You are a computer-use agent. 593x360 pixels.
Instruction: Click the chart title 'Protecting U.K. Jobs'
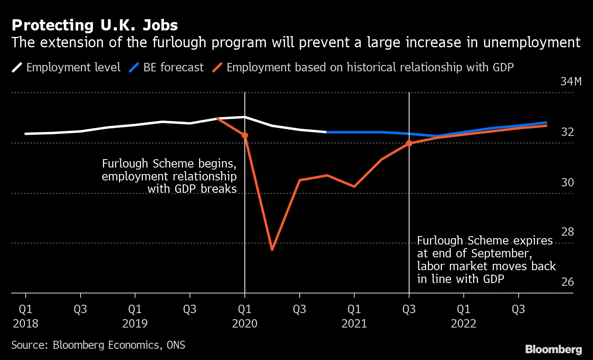point(95,25)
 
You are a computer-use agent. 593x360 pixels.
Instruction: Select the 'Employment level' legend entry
point(66,67)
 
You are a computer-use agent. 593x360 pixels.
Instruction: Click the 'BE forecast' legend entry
point(166,67)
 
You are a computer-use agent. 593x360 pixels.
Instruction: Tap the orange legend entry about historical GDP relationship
point(363,67)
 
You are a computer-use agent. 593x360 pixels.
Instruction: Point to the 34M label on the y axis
point(571,81)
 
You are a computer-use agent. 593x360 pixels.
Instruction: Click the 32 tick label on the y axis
point(567,132)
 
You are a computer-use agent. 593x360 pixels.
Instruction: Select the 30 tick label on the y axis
point(567,182)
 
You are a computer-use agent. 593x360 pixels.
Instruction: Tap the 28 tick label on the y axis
point(567,232)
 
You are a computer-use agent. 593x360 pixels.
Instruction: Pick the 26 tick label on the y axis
point(567,282)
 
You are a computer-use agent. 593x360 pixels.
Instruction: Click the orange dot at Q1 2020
point(245,136)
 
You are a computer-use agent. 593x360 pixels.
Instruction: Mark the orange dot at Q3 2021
point(409,143)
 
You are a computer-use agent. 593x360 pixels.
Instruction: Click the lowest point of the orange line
point(272,250)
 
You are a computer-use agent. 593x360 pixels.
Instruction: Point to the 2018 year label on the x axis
point(26,324)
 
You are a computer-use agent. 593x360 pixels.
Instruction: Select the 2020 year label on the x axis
point(245,324)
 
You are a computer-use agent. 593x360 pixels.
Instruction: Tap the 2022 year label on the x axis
point(464,324)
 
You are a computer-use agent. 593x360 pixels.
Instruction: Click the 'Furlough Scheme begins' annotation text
point(169,176)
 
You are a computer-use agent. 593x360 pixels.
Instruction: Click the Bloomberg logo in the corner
point(553,349)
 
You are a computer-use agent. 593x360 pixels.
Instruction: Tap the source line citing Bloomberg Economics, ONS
point(98,345)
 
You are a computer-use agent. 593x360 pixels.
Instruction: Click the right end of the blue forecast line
point(546,123)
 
